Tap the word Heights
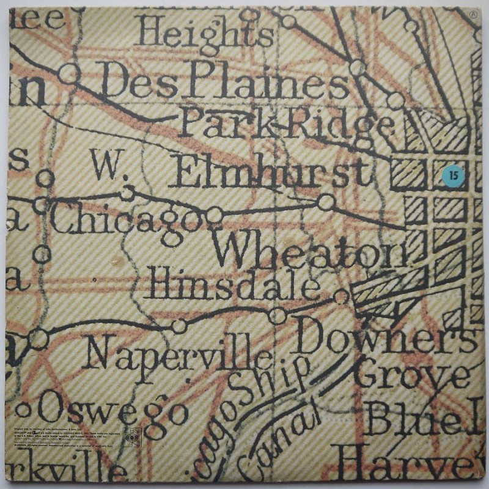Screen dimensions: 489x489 205,32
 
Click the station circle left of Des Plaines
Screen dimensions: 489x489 68,74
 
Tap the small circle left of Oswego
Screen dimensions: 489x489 24,410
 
